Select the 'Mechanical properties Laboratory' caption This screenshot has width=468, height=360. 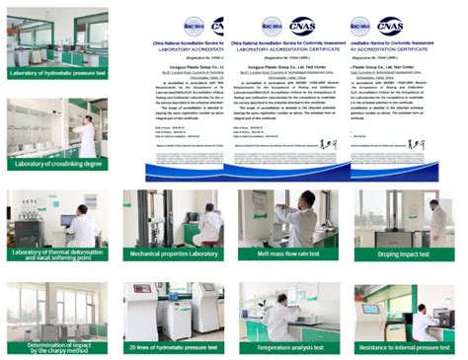pyautogui.click(x=175, y=253)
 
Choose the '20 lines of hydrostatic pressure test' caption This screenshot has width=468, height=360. pyautogui.click(x=175, y=348)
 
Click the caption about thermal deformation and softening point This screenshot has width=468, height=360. pyautogui.click(x=56, y=254)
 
